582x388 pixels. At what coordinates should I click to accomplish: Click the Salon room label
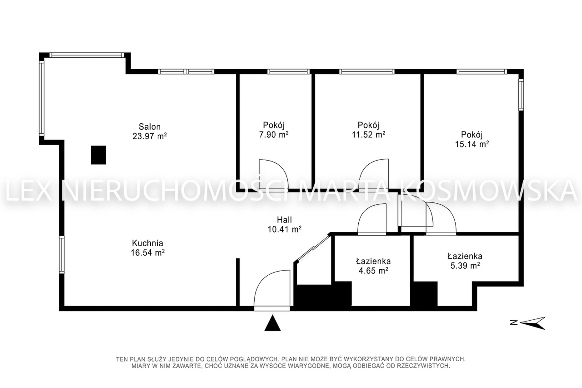[150, 127]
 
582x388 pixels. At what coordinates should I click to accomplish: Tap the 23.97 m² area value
[150, 136]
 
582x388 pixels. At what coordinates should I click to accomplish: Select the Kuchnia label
[148, 243]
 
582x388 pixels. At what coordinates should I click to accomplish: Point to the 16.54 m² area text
[148, 253]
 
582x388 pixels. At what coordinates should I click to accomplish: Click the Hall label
[284, 220]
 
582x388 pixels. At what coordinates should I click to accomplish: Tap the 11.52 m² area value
[368, 134]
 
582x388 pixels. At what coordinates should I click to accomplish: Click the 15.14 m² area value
[472, 144]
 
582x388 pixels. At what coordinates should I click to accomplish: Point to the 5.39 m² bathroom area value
[465, 266]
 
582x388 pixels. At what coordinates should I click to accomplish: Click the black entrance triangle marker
[272, 323]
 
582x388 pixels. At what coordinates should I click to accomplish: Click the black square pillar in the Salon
[98, 155]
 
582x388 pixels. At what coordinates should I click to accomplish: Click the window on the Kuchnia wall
[62, 255]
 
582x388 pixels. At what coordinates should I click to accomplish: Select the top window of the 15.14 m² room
[482, 71]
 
